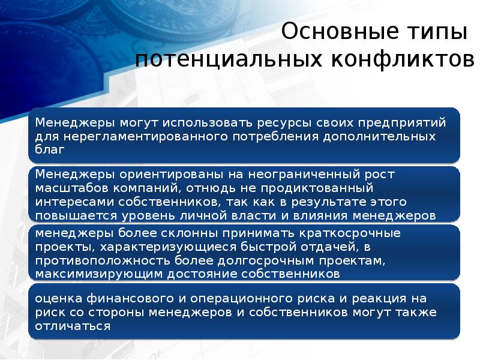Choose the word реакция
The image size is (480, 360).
(368, 298)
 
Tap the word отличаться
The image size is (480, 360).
(73, 326)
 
